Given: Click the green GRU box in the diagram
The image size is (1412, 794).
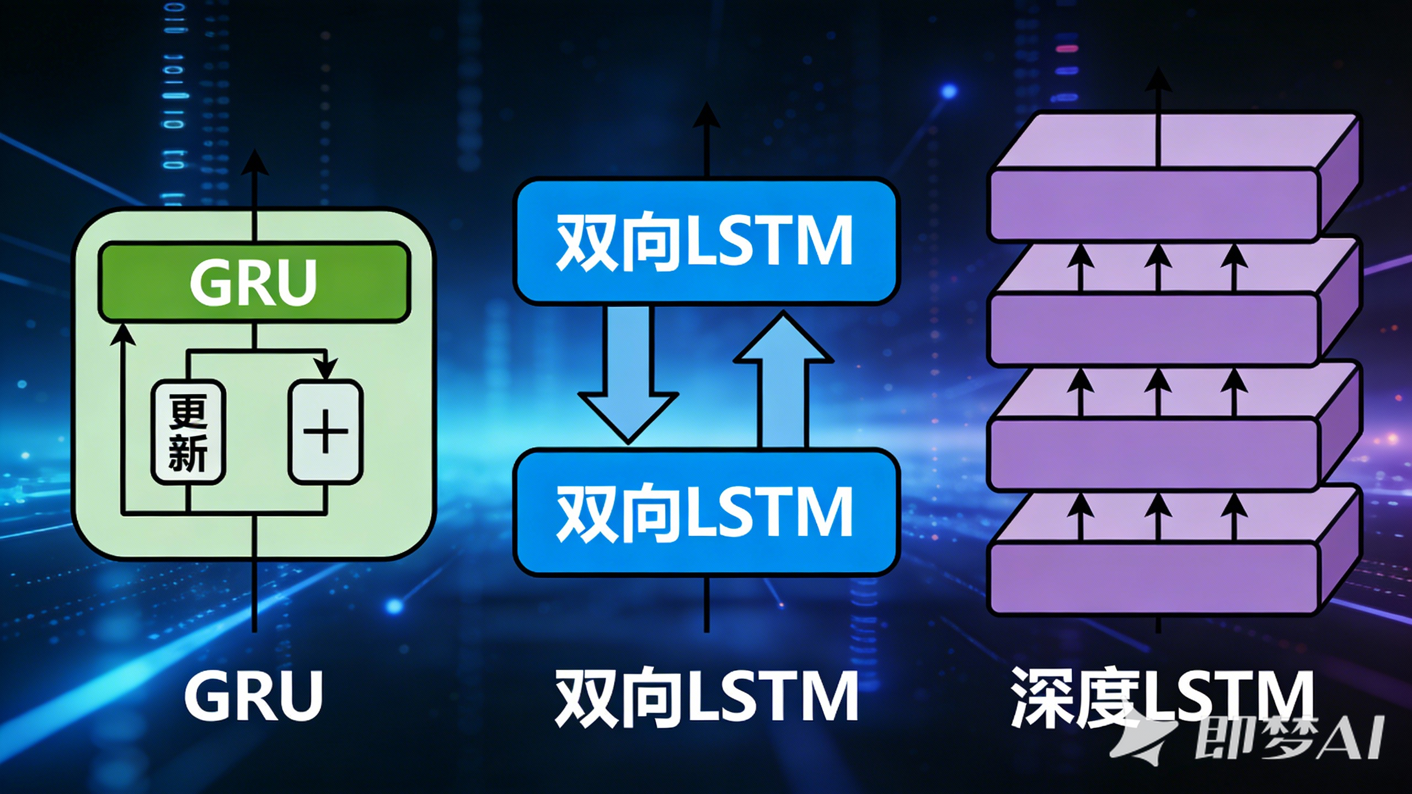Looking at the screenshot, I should click(x=254, y=282).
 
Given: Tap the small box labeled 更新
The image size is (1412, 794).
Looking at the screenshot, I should click(x=188, y=432).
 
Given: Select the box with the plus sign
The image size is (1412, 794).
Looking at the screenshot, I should click(x=325, y=431).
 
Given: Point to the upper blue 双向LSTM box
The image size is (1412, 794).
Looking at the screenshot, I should click(x=705, y=241).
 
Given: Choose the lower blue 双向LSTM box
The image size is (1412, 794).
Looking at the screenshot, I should click(x=705, y=512).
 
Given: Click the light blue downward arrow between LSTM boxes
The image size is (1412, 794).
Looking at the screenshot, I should click(x=628, y=375).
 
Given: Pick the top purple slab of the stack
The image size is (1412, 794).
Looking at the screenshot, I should click(x=1153, y=204).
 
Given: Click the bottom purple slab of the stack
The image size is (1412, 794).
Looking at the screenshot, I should click(x=1153, y=579).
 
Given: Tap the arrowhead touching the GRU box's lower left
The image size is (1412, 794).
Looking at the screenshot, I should click(x=122, y=334).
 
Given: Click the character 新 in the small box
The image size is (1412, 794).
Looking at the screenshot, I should click(x=188, y=453).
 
